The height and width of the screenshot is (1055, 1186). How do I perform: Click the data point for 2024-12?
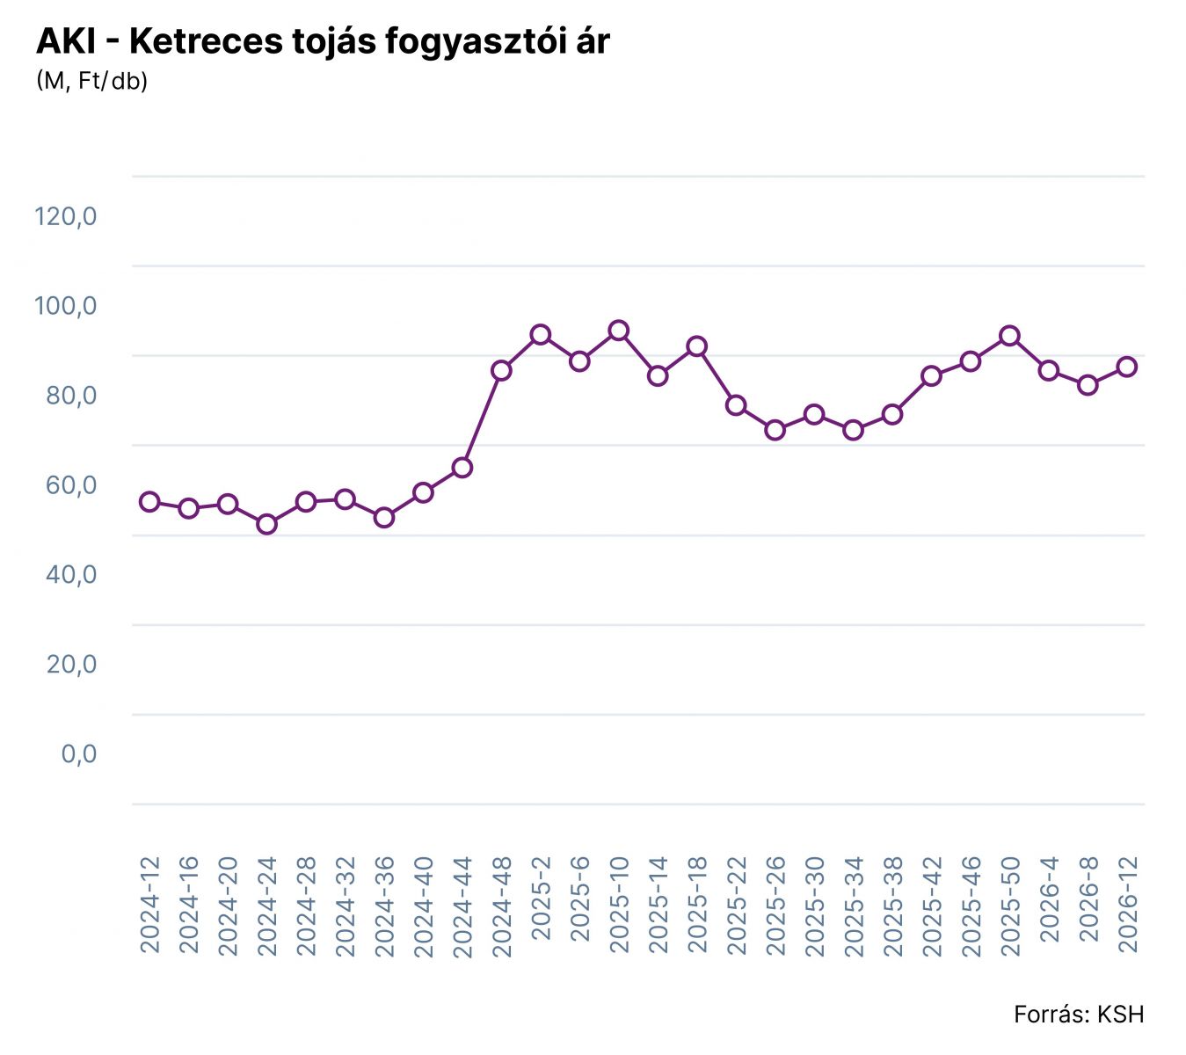tap(149, 502)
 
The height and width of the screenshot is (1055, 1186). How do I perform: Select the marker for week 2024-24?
tap(266, 524)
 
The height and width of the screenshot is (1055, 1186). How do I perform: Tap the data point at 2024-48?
tap(501, 370)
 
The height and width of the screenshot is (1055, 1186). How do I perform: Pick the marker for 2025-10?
tap(618, 331)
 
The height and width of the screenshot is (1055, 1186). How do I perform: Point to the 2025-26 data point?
tap(775, 430)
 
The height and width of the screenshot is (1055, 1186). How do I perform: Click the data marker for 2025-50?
tap(1009, 336)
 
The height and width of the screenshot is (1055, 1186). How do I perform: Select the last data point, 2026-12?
tap(1126, 367)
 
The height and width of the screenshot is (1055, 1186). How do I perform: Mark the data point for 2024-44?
tap(462, 467)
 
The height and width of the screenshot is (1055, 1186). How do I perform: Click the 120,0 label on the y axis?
tap(65, 216)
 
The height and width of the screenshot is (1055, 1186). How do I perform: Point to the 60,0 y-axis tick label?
tap(71, 485)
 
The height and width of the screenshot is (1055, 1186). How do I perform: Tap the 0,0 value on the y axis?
tap(78, 754)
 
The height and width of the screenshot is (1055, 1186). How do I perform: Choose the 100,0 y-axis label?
tap(65, 306)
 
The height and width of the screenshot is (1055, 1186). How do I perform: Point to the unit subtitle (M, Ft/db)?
tap(91, 81)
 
